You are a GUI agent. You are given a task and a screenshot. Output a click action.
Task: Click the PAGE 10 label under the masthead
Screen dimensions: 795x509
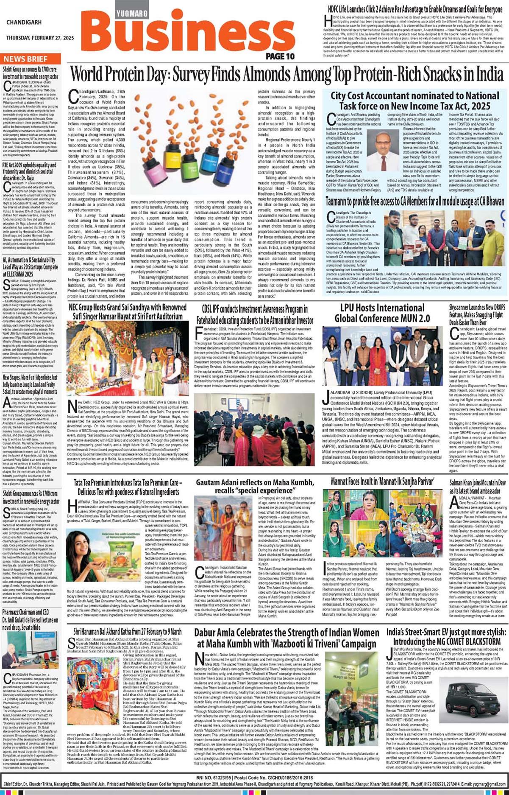pos(280,56)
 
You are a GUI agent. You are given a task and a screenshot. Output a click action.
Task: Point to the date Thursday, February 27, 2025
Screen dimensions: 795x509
pos(40,38)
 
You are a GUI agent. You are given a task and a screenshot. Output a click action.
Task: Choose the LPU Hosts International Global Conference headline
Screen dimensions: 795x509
pos(382,313)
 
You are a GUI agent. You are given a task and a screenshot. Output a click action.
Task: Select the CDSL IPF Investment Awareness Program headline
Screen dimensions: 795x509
pos(255,314)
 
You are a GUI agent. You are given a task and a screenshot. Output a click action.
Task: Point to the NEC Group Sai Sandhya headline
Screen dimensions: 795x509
pos(128,313)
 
